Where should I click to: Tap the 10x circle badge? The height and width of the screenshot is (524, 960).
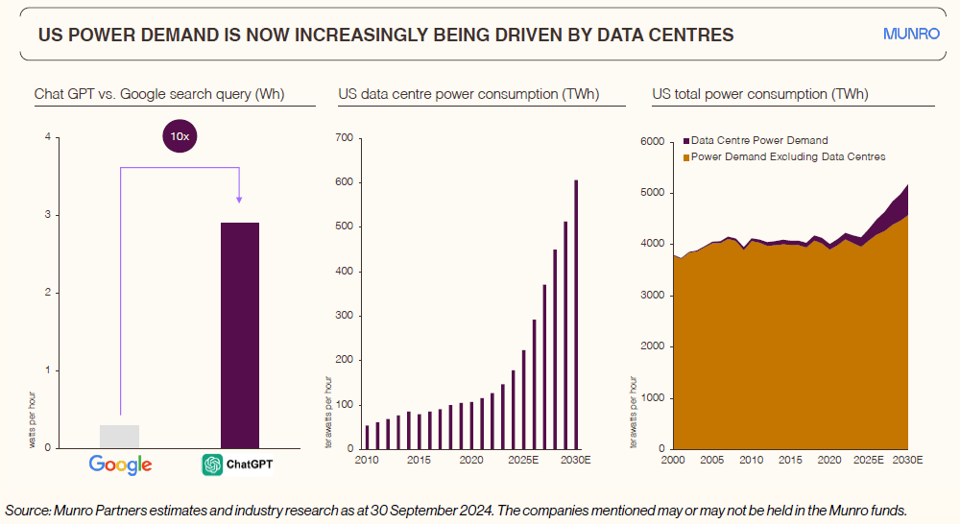pyautogui.click(x=180, y=137)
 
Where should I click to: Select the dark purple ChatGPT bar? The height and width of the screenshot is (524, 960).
pyautogui.click(x=239, y=335)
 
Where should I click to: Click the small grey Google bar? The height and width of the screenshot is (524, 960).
pyautogui.click(x=119, y=437)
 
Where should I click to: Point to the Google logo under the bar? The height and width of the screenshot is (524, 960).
pyautogui.click(x=120, y=464)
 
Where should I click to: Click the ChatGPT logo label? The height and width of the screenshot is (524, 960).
pyautogui.click(x=238, y=464)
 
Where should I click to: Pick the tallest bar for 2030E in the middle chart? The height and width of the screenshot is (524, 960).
pyautogui.click(x=577, y=314)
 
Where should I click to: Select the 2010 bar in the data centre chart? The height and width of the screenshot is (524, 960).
pyautogui.click(x=367, y=438)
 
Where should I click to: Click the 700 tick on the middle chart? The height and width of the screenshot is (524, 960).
pyautogui.click(x=345, y=138)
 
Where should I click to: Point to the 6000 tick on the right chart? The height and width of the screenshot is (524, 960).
pyautogui.click(x=653, y=142)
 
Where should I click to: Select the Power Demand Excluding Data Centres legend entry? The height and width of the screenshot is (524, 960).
pyautogui.click(x=782, y=156)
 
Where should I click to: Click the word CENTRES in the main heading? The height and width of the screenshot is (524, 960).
pyautogui.click(x=690, y=36)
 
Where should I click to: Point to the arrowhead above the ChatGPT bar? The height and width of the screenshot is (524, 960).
pyautogui.click(x=239, y=199)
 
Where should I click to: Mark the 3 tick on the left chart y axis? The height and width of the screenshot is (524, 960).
pyautogui.click(x=47, y=215)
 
